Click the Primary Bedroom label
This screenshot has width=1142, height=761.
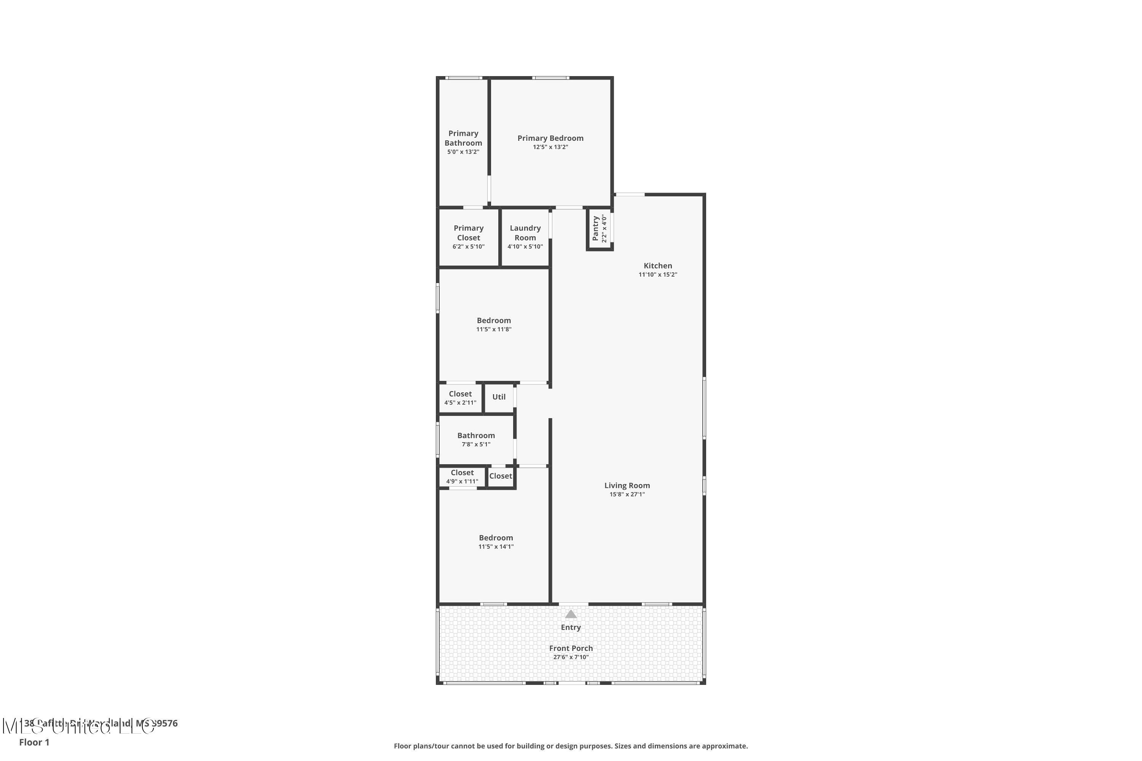point(550,139)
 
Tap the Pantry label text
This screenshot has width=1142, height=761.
point(595,229)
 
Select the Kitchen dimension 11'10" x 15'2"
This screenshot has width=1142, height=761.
point(657,275)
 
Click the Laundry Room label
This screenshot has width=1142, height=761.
point(525,232)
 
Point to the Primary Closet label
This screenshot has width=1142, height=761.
point(468,232)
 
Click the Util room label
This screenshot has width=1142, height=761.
point(499,397)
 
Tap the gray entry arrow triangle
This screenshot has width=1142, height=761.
point(571,615)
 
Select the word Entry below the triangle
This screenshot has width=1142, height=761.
point(571,627)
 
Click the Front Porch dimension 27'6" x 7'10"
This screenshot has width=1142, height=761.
point(571,658)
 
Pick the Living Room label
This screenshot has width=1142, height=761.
point(627,486)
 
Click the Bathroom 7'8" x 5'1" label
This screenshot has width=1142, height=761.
point(476,436)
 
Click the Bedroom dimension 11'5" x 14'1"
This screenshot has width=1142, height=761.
point(496,546)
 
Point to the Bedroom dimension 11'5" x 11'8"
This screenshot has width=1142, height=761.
point(493,330)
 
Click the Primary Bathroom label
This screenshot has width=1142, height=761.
point(463,139)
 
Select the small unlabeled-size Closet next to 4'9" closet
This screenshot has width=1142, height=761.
point(500,476)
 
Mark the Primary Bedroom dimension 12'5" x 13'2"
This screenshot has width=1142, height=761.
point(550,147)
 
